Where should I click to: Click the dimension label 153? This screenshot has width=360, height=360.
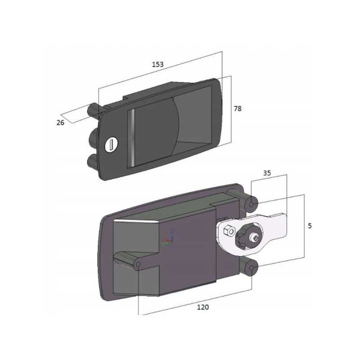pos(158,64)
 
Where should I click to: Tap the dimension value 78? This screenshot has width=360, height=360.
pos(238,108)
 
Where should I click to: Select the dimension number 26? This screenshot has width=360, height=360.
pos(60,122)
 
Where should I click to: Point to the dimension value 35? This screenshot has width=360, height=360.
pos(267,173)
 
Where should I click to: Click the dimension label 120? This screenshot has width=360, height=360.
pos(203,307)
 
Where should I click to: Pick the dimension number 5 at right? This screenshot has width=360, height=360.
pos(310,226)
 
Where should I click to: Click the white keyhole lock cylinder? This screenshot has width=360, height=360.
pos(111,144)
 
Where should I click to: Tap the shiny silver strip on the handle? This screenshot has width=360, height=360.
pos(131,137)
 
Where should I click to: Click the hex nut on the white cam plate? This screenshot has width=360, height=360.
pos(229,231)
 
